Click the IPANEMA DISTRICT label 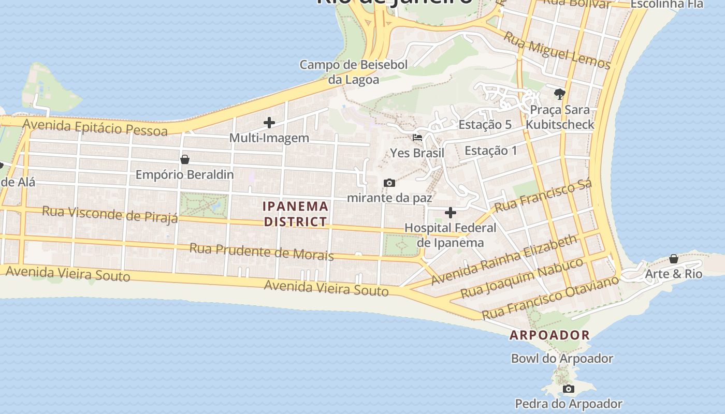(x=296, y=214)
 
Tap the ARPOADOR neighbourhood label (x=549, y=335)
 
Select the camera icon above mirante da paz (x=389, y=183)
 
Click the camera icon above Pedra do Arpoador (x=568, y=389)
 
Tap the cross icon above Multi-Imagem (x=269, y=123)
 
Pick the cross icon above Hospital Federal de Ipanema (x=451, y=213)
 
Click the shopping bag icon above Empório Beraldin (x=185, y=159)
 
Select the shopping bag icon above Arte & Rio (x=674, y=259)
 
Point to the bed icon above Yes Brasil (x=417, y=138)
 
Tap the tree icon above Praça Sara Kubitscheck (x=559, y=94)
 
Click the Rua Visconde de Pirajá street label (x=110, y=214)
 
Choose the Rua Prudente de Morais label (x=262, y=252)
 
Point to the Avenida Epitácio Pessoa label (x=95, y=127)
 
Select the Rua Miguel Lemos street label (x=557, y=51)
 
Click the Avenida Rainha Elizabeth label (x=504, y=259)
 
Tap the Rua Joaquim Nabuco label (x=522, y=278)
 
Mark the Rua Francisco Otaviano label (x=550, y=298)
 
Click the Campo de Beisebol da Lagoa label (x=354, y=72)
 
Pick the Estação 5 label (x=485, y=125)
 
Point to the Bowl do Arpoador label (x=562, y=358)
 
